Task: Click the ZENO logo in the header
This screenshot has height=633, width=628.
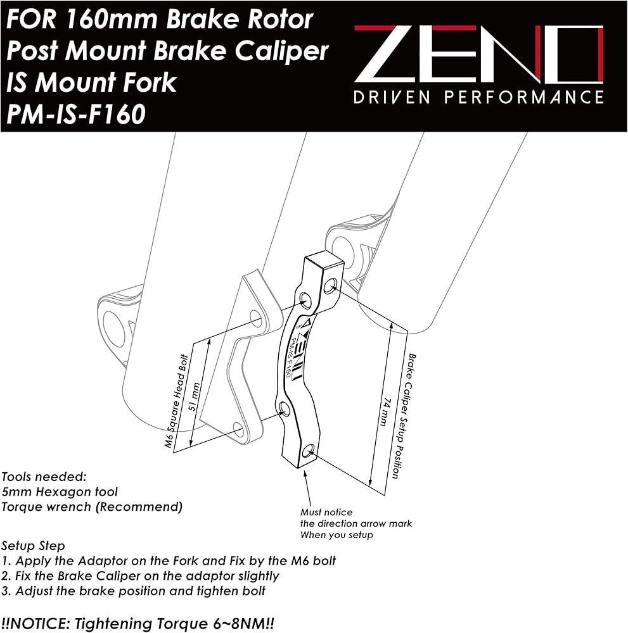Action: tap(479, 53)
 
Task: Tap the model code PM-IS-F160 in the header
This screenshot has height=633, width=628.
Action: tap(76, 114)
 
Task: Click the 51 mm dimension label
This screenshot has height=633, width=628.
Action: tap(195, 396)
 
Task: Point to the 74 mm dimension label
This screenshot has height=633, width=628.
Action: tap(384, 412)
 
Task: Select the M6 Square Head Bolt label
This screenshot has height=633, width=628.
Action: tap(177, 401)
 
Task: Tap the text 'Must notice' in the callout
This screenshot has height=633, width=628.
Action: tap(326, 512)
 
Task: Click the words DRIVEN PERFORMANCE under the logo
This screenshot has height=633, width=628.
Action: tap(478, 97)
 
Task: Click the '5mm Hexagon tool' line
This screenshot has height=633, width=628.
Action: tap(60, 492)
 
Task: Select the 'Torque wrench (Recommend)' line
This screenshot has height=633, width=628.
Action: tap(92, 506)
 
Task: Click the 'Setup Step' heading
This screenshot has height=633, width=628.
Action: tap(33, 546)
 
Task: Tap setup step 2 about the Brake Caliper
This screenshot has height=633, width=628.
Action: tap(140, 576)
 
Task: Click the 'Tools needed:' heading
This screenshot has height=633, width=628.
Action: tap(44, 477)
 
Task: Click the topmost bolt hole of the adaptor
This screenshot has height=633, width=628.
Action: tap(331, 285)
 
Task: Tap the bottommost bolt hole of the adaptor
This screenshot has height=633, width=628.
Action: tap(309, 450)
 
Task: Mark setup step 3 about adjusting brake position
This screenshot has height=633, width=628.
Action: tap(133, 591)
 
